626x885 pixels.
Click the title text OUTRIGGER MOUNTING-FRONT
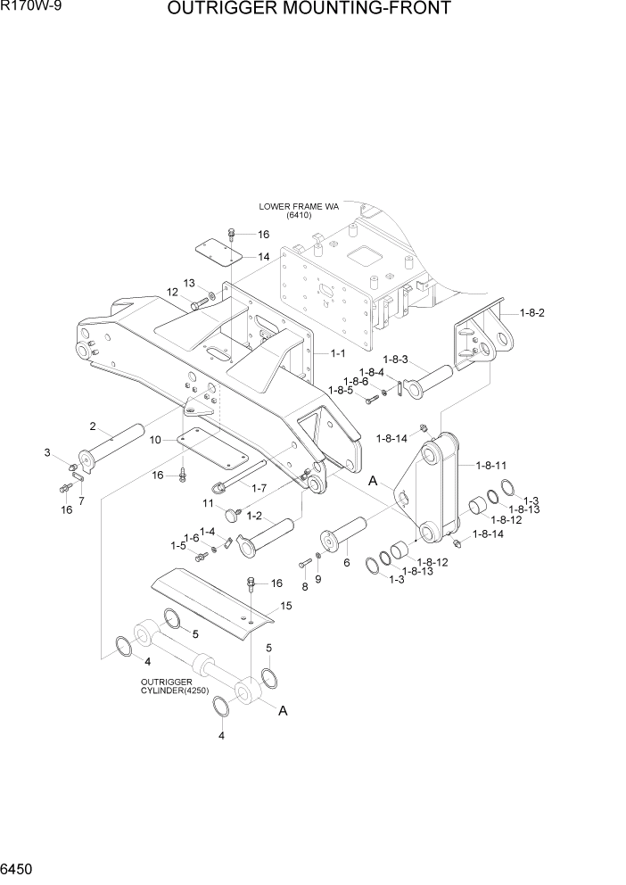[308, 10]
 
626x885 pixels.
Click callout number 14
[263, 257]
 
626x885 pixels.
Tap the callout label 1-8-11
[491, 465]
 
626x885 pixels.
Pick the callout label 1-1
[338, 353]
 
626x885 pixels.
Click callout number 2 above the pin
[93, 426]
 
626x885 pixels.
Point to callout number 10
[155, 440]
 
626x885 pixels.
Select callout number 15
[285, 606]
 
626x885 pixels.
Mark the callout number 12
[172, 292]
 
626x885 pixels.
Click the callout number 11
[209, 504]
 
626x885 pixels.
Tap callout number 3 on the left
[47, 454]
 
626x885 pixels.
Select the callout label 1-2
[253, 516]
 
